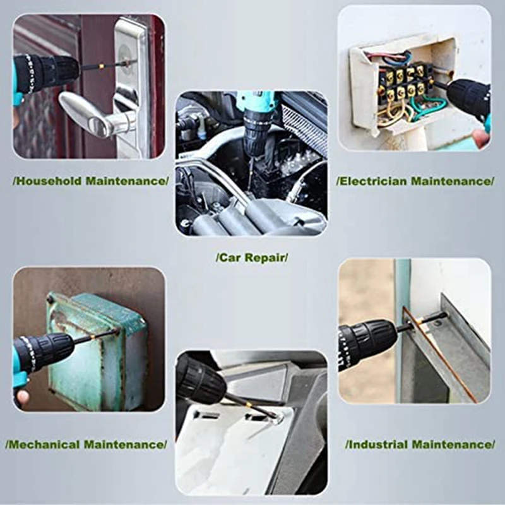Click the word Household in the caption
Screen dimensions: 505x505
(x=49, y=181)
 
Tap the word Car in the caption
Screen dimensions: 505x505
(x=229, y=258)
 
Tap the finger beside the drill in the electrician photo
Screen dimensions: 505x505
(x=482, y=136)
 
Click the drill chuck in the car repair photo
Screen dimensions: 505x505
(x=256, y=133)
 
